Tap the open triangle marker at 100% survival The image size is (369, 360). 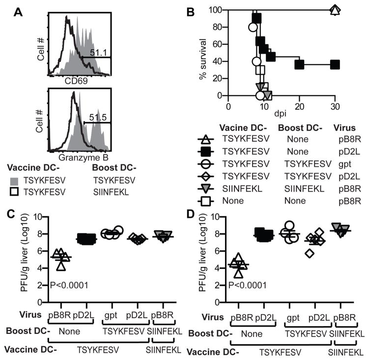click(x=335, y=10)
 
